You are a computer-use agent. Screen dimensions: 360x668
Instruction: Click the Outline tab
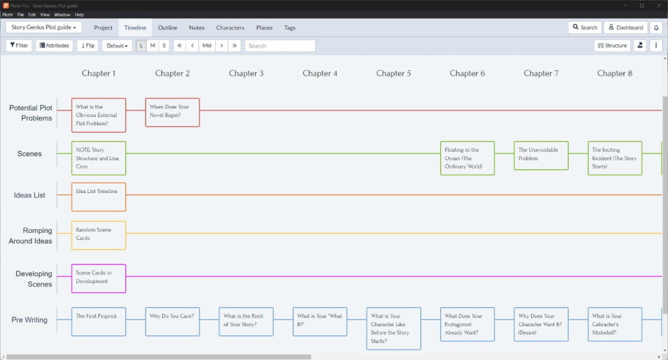point(168,27)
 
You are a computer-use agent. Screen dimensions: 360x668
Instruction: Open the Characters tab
point(230,27)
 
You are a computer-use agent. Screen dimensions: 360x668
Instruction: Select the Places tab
point(264,27)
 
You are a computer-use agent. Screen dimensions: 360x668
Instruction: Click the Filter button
point(19,46)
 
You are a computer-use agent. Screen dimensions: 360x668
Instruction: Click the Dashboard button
point(626,27)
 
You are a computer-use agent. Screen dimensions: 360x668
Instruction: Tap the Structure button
point(612,46)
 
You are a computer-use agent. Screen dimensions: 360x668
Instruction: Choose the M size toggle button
point(153,46)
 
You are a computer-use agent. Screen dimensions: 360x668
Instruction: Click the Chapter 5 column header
point(393,73)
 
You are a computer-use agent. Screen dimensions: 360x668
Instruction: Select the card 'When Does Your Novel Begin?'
point(172,112)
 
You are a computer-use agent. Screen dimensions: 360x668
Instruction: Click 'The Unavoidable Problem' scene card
point(541,155)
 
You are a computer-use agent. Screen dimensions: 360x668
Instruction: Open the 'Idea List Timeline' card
point(99,196)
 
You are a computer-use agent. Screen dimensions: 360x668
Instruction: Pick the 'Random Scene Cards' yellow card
point(99,235)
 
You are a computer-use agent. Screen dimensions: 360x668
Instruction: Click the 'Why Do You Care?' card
point(172,322)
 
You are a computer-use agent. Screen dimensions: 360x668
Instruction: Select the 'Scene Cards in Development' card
point(99,278)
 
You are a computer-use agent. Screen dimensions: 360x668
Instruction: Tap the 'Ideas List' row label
point(29,195)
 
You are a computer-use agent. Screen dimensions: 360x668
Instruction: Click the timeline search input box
point(280,46)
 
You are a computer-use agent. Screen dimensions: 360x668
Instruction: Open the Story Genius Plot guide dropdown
point(44,27)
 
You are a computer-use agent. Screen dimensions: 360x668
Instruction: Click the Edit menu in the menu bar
point(32,14)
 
